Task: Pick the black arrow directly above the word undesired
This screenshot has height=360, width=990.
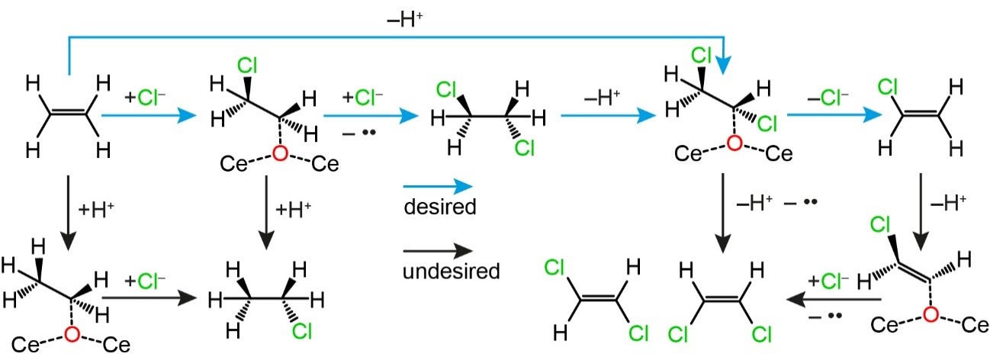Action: (438, 249)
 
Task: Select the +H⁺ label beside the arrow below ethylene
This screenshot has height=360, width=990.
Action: (92, 206)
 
